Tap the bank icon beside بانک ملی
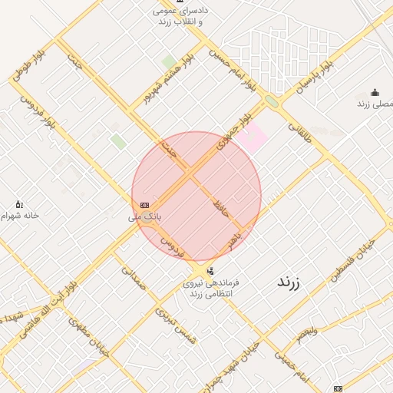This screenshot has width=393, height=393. pyautogui.click(x=144, y=204)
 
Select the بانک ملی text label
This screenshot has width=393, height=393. pyautogui.click(x=145, y=217)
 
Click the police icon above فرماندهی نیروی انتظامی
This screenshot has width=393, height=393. pyautogui.click(x=210, y=270)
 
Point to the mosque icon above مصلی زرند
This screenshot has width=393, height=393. pyautogui.click(x=375, y=92)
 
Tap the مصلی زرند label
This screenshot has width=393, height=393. pyautogui.click(x=375, y=103)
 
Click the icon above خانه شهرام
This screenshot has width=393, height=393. pyautogui.click(x=19, y=204)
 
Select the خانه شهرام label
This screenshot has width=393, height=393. pyautogui.click(x=21, y=216)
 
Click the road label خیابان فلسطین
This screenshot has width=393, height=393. pyautogui.click(x=355, y=264)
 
